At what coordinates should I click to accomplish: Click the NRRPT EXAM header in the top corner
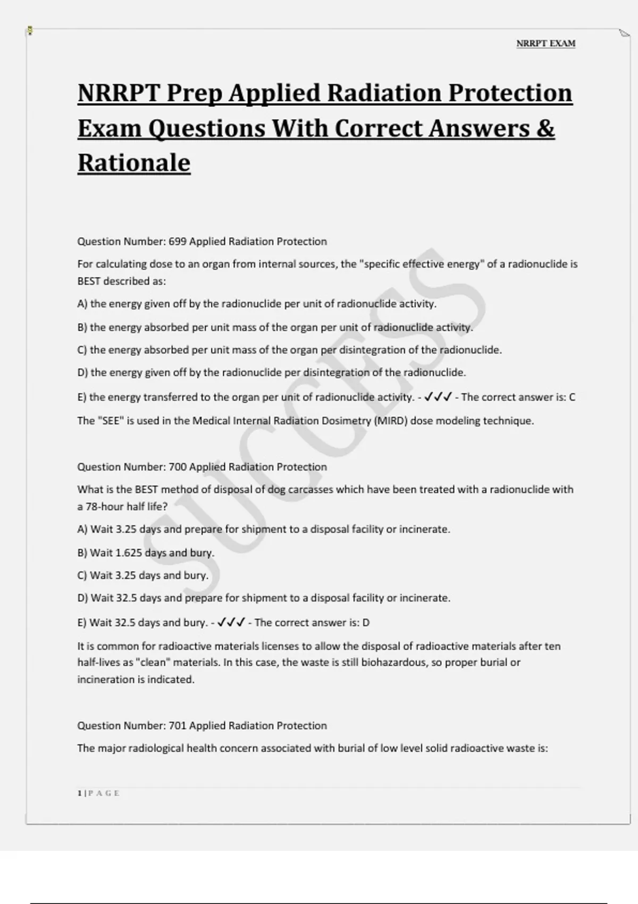tap(545, 44)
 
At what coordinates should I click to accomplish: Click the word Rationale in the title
tap(134, 163)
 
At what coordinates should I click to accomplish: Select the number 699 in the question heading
tap(178, 241)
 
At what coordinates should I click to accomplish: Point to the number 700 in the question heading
tap(178, 467)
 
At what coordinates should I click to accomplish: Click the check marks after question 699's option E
tap(439, 397)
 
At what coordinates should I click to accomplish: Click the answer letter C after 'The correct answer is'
tap(572, 397)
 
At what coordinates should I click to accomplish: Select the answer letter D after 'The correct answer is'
tap(366, 623)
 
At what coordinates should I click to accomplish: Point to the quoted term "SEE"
tap(110, 421)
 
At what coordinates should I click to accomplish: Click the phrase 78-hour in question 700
tap(105, 507)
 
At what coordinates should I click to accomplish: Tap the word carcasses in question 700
tap(310, 489)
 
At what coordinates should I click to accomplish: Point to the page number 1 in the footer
tap(80, 793)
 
